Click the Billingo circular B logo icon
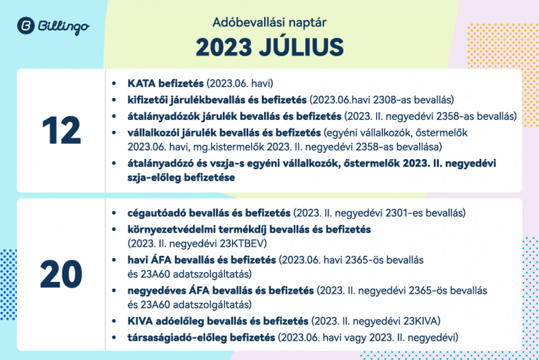26,26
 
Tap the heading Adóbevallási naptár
269,22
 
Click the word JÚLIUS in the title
301,47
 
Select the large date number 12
62,130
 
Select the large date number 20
62,274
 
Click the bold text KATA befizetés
166,83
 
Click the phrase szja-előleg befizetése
181,178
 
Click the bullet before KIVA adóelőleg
114,321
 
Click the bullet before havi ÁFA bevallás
114,260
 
